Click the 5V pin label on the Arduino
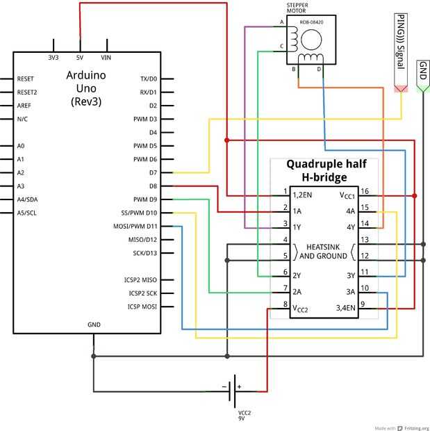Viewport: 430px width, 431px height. [80, 58]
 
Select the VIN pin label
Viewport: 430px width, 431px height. [106, 58]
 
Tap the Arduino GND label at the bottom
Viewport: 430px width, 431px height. [94, 325]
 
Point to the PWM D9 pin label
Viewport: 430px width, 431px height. [145, 200]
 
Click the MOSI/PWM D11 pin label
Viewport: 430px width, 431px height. [135, 226]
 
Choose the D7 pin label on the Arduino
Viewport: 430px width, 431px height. [153, 172]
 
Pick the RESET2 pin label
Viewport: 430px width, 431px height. [27, 92]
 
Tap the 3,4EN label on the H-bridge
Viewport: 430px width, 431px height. [345, 307]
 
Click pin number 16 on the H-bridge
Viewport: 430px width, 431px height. [365, 191]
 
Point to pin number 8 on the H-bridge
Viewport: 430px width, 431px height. [285, 304]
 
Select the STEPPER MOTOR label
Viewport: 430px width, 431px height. [297, 8]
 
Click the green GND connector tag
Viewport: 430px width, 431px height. [422, 76]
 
